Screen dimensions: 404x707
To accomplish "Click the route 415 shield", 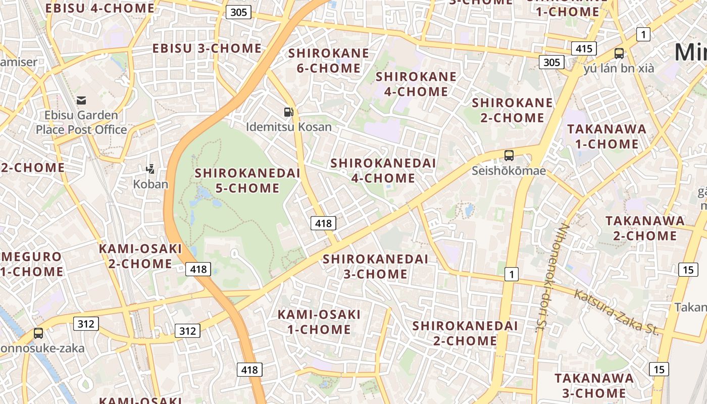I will pos(584,49).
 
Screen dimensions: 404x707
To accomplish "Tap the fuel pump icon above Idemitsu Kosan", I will pos(288,112).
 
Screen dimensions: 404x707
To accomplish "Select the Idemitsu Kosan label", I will pos(289,127).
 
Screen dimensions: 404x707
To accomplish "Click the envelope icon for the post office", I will pos(81,100).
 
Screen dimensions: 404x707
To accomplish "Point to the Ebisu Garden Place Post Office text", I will pos(81,122).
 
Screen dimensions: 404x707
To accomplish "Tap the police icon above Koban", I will pos(150,169).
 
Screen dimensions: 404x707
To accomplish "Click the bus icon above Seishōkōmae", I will pos(509,156).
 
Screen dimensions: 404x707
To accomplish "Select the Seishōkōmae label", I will pos(509,171).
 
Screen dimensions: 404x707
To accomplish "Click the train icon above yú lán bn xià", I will pos(619,53).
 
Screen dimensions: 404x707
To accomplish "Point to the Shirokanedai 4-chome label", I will pos(383,171).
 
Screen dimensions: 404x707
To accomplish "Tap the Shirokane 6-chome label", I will pos(329,61).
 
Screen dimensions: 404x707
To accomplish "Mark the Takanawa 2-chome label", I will pos(645,228).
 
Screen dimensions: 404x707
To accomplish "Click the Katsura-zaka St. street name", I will pos(616,312).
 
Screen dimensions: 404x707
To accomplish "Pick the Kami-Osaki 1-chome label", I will pos(319,322).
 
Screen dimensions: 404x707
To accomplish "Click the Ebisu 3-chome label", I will pos(207,48).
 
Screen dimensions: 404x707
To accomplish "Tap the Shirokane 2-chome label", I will pos(512,110).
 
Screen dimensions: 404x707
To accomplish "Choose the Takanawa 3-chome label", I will pos(594,385).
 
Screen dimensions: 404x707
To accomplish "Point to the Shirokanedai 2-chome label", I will pos(465,333).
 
